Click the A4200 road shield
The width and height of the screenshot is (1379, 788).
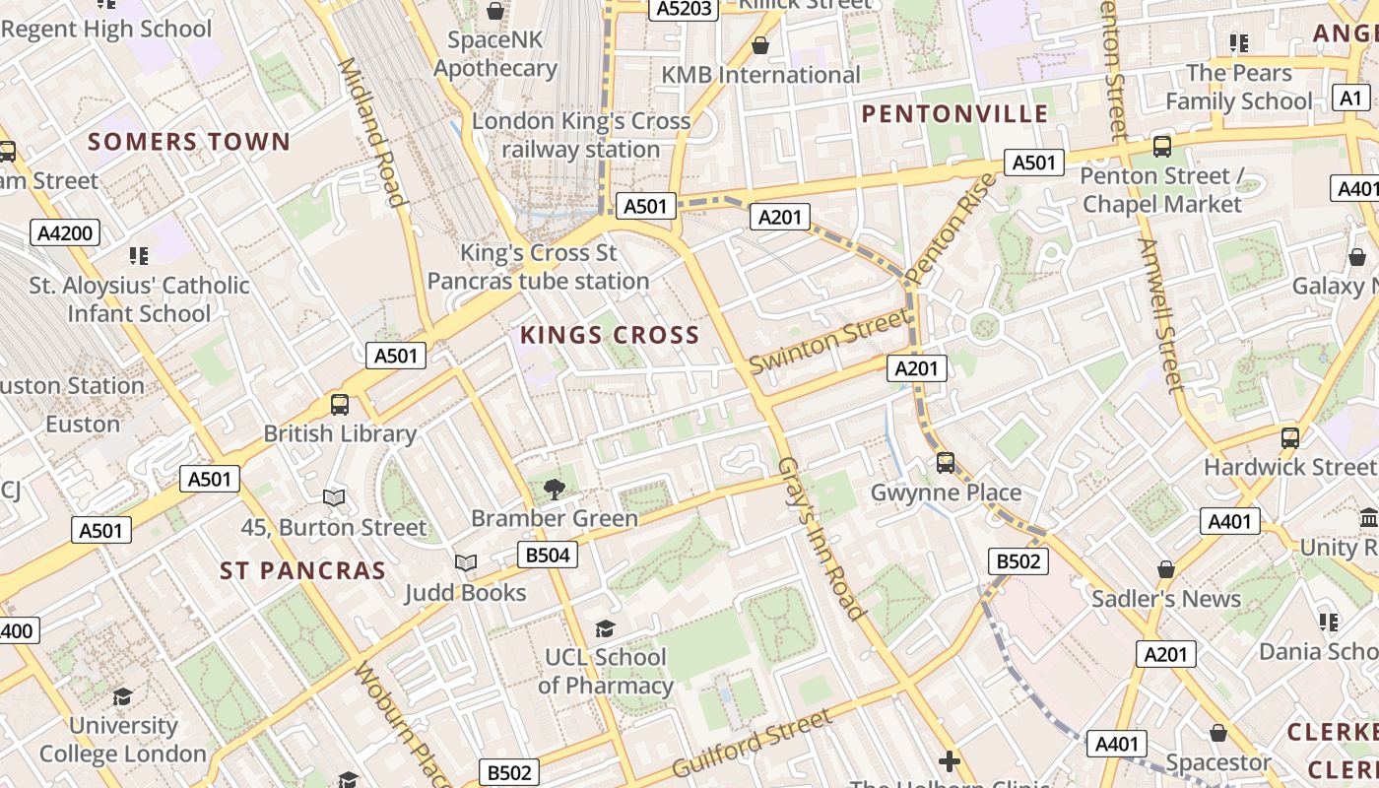[x=67, y=233]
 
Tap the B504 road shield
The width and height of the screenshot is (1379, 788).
[x=548, y=555]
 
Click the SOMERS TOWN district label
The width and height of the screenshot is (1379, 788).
[x=189, y=142]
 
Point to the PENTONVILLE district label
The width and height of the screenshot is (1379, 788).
[x=955, y=114]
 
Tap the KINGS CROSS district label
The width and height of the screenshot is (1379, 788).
[x=610, y=336]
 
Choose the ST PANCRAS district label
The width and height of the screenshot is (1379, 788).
[x=302, y=571]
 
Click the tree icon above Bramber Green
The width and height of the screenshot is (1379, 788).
[x=555, y=489]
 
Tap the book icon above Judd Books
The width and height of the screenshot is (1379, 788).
[x=466, y=562]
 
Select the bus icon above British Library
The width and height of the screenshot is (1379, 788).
[x=340, y=404]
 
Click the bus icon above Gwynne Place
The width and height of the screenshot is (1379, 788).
[x=946, y=462]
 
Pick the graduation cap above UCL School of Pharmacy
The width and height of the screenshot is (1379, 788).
[x=605, y=628]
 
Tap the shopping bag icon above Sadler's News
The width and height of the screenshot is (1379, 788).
[x=1166, y=569]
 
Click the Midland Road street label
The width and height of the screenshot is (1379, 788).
[x=371, y=133]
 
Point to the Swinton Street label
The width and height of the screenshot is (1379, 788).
[x=829, y=341]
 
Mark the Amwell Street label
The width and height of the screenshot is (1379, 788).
[x=1158, y=315]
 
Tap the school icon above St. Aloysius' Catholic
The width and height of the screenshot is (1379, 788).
[x=139, y=256]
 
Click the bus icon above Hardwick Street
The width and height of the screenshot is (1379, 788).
[x=1290, y=438]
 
